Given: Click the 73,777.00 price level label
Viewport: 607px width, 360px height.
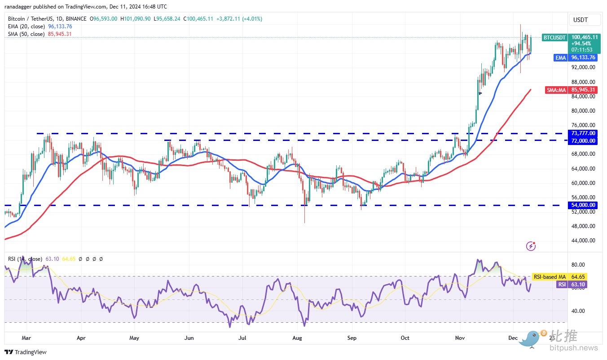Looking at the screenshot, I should (583, 133).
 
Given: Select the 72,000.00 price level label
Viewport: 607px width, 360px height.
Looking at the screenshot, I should (583, 141).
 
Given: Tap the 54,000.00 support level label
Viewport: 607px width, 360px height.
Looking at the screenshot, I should (583, 205).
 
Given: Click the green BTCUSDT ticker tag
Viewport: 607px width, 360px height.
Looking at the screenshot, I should (554, 38).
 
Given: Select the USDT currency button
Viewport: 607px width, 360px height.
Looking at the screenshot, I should (580, 20).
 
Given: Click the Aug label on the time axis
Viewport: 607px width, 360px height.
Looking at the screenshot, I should (297, 337).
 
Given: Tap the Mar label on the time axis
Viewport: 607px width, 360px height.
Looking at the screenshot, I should (26, 337).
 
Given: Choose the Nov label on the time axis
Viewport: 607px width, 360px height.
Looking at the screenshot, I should (459, 337).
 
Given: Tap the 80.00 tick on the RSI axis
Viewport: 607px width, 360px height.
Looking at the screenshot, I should (578, 265).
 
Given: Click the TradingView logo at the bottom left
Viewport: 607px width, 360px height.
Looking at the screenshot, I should (26, 352).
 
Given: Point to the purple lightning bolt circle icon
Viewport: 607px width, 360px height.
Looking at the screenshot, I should (531, 246).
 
